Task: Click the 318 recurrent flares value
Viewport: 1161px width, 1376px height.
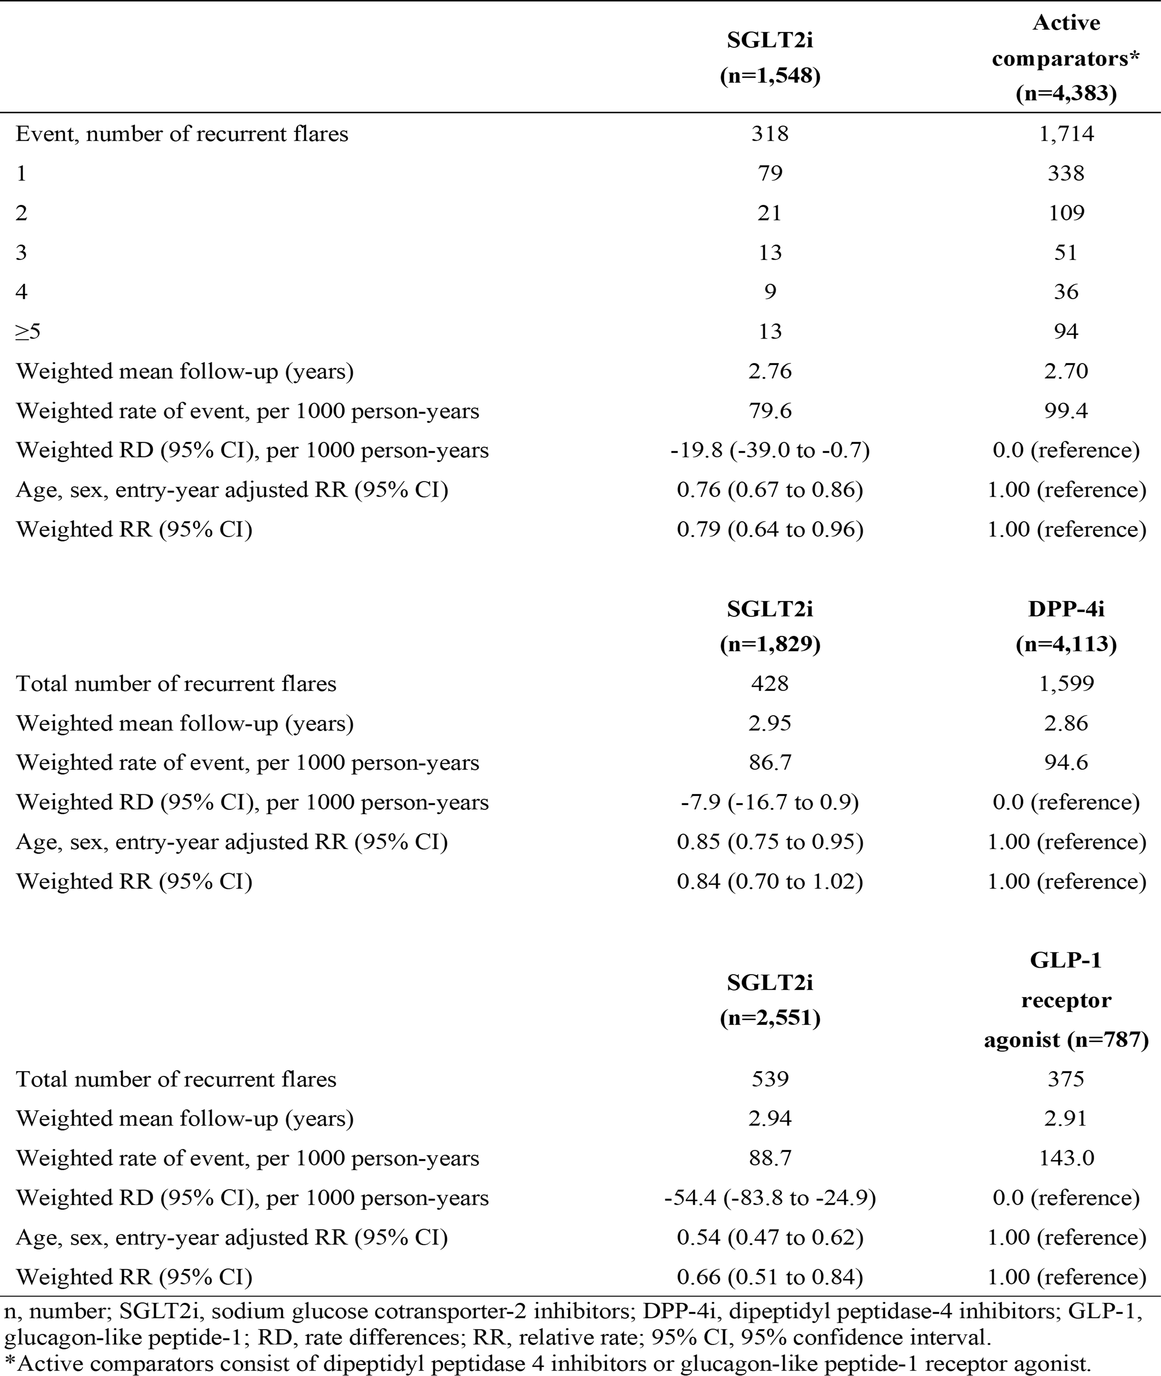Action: click(x=769, y=134)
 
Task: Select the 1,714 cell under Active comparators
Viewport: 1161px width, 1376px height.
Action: click(x=1066, y=134)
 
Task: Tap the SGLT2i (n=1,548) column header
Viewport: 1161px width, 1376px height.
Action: click(x=769, y=58)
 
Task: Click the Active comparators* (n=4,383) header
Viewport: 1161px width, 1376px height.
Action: click(x=1066, y=58)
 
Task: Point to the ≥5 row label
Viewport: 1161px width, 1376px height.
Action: click(x=28, y=331)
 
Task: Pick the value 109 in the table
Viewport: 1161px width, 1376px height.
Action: click(x=1066, y=212)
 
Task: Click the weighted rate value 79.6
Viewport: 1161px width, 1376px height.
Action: click(x=769, y=411)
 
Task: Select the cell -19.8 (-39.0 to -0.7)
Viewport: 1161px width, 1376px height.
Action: click(x=769, y=450)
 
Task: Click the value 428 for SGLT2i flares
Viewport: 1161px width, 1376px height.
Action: click(x=769, y=683)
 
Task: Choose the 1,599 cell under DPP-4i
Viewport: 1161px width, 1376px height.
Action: click(x=1066, y=683)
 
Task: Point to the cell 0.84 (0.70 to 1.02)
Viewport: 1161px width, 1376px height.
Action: click(x=769, y=881)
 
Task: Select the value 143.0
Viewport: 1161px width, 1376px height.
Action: click(x=1066, y=1157)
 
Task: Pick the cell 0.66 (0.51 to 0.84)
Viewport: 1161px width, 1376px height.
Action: click(x=769, y=1277)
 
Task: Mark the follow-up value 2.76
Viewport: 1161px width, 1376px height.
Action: click(x=769, y=371)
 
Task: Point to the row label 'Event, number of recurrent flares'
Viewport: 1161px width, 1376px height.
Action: click(x=182, y=134)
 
